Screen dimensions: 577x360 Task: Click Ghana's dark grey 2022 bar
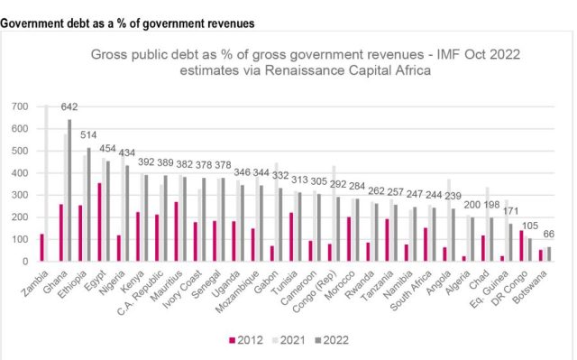point(69,190)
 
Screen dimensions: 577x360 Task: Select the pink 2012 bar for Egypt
point(99,222)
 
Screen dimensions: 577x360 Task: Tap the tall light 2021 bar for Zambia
point(46,183)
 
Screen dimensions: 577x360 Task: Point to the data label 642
point(69,106)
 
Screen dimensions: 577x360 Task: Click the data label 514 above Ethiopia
point(88,135)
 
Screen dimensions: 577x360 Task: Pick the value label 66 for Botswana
point(549,234)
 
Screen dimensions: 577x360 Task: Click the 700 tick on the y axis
point(20,106)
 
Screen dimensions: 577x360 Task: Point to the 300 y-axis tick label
point(20,195)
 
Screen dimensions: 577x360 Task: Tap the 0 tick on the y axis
point(25,262)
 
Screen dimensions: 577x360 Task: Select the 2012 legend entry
point(246,340)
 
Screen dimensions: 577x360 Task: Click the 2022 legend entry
point(332,340)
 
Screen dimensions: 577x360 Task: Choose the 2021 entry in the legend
point(288,340)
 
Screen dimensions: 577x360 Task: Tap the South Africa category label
point(410,291)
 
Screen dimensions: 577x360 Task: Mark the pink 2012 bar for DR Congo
point(521,246)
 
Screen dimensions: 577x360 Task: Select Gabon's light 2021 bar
point(277,212)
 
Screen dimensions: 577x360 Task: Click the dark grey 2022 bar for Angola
point(453,235)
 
